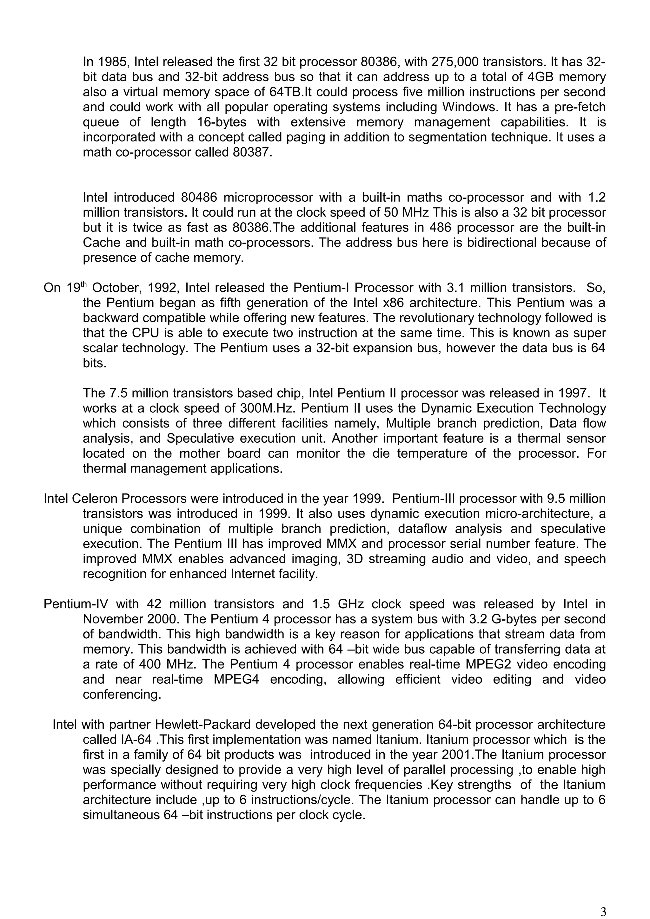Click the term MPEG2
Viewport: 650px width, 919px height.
point(487,664)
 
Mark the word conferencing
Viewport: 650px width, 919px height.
point(122,694)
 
